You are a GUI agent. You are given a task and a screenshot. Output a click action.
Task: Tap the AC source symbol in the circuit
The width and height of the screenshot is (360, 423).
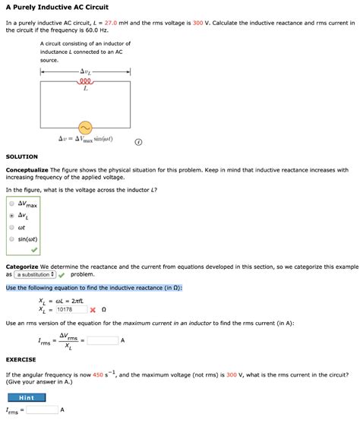(x=85, y=127)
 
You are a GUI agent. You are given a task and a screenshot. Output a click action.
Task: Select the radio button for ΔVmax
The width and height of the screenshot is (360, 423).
(x=11, y=204)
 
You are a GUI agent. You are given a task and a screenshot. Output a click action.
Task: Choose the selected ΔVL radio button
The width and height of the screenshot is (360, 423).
(x=11, y=215)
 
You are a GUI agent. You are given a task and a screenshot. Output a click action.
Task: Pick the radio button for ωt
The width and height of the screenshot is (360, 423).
(x=11, y=227)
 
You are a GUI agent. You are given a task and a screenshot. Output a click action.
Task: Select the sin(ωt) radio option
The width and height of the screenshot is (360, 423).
(x=11, y=239)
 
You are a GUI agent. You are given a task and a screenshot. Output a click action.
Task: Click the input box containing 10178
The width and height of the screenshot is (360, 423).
(x=70, y=310)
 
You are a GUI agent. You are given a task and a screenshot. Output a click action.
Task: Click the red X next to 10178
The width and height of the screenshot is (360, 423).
(x=92, y=310)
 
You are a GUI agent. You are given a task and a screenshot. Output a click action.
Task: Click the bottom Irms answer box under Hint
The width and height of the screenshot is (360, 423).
(x=43, y=409)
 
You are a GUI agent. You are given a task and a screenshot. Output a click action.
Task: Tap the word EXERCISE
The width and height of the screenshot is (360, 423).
(x=21, y=359)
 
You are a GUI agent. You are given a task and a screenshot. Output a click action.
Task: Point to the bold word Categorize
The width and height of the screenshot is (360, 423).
(x=23, y=267)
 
